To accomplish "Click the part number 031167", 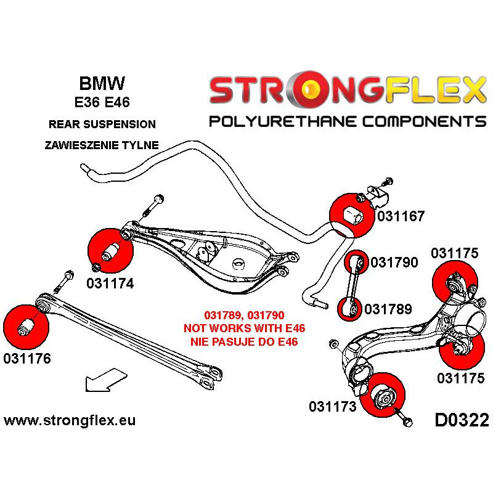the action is pyautogui.click(x=401, y=216).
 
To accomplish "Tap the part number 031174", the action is pyautogui.click(x=110, y=283).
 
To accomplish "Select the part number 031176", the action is pyautogui.click(x=27, y=358).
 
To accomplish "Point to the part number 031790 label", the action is pyautogui.click(x=394, y=263).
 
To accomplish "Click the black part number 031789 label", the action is pyautogui.click(x=388, y=309).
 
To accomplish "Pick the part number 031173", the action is pyautogui.click(x=333, y=406).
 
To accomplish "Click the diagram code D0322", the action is pyautogui.click(x=462, y=420).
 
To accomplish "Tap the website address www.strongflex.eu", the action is pyautogui.click(x=70, y=420).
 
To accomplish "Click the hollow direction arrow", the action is pyautogui.click(x=106, y=380).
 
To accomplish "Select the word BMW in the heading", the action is pyautogui.click(x=102, y=83).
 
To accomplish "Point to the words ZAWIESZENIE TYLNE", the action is pyautogui.click(x=102, y=145).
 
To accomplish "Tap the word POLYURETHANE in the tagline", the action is pyautogui.click(x=283, y=121).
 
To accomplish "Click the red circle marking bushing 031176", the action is pyautogui.click(x=26, y=327).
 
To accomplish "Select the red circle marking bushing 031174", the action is pyautogui.click(x=111, y=251).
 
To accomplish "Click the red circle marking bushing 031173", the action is pyautogui.click(x=382, y=396).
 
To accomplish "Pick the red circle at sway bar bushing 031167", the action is pyautogui.click(x=352, y=216).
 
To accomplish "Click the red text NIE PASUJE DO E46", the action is pyautogui.click(x=244, y=341).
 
